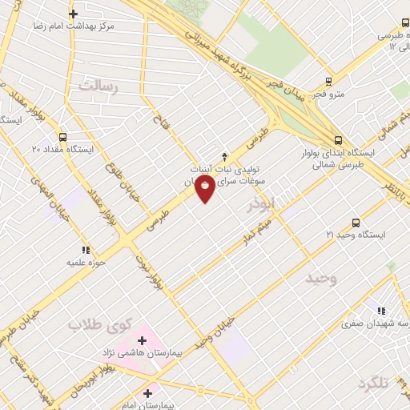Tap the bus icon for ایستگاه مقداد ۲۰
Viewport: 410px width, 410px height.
64,136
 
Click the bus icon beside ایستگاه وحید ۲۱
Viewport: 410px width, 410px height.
356,223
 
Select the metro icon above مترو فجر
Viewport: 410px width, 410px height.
328,82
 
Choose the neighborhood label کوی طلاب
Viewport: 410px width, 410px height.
98,324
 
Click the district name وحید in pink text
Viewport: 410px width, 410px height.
322,277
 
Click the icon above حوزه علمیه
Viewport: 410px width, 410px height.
85,249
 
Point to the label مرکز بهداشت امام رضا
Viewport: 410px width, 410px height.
74,26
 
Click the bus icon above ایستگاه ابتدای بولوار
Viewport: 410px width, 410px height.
339,139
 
